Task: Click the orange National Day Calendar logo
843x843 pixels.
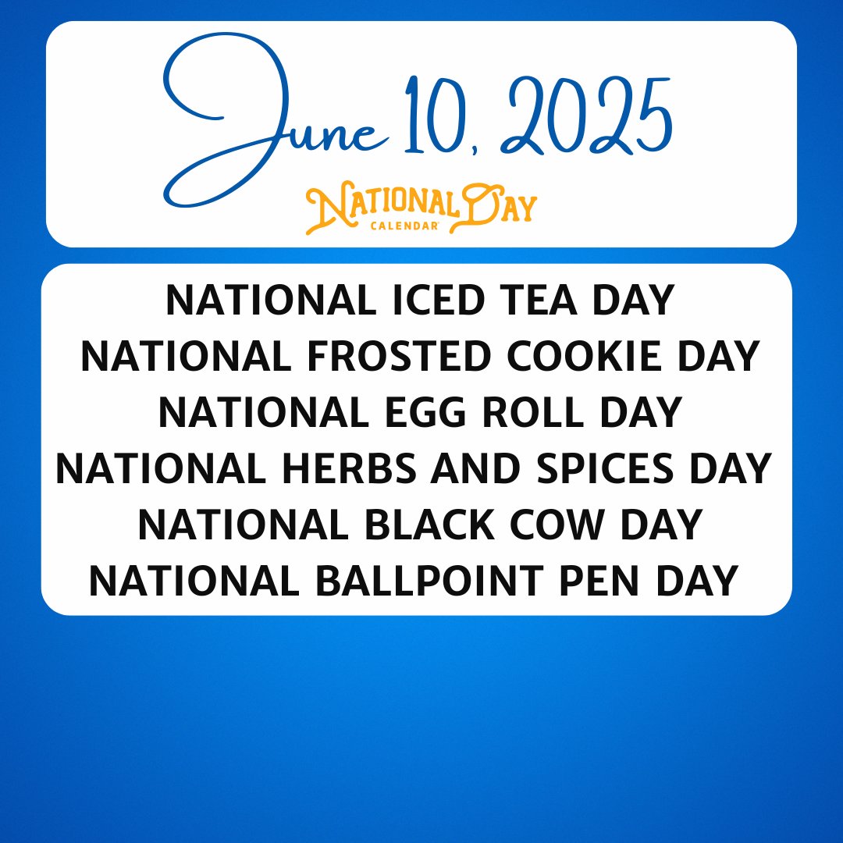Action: (421, 208)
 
